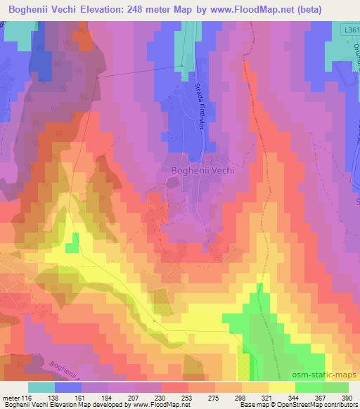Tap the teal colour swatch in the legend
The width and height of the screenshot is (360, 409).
click(x=41, y=387)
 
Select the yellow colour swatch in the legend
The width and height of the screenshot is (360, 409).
click(x=281, y=387)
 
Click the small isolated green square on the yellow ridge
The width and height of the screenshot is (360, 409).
click(x=72, y=247)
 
